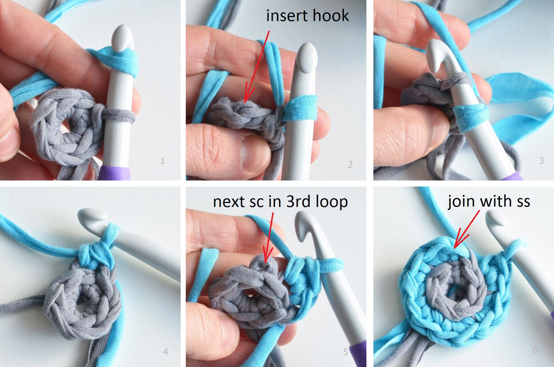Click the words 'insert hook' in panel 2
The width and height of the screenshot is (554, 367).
point(307,16)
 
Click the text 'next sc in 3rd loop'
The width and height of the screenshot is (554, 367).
point(280,201)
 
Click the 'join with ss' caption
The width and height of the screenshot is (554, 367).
point(489,201)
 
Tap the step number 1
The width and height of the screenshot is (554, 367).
point(162,160)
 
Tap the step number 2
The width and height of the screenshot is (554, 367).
point(350,164)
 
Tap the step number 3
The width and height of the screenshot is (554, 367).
point(541,160)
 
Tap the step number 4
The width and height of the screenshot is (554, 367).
point(165,352)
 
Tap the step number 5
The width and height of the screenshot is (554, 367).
point(345,352)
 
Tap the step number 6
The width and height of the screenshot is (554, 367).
point(535,350)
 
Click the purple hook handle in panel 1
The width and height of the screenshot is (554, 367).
point(114,173)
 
